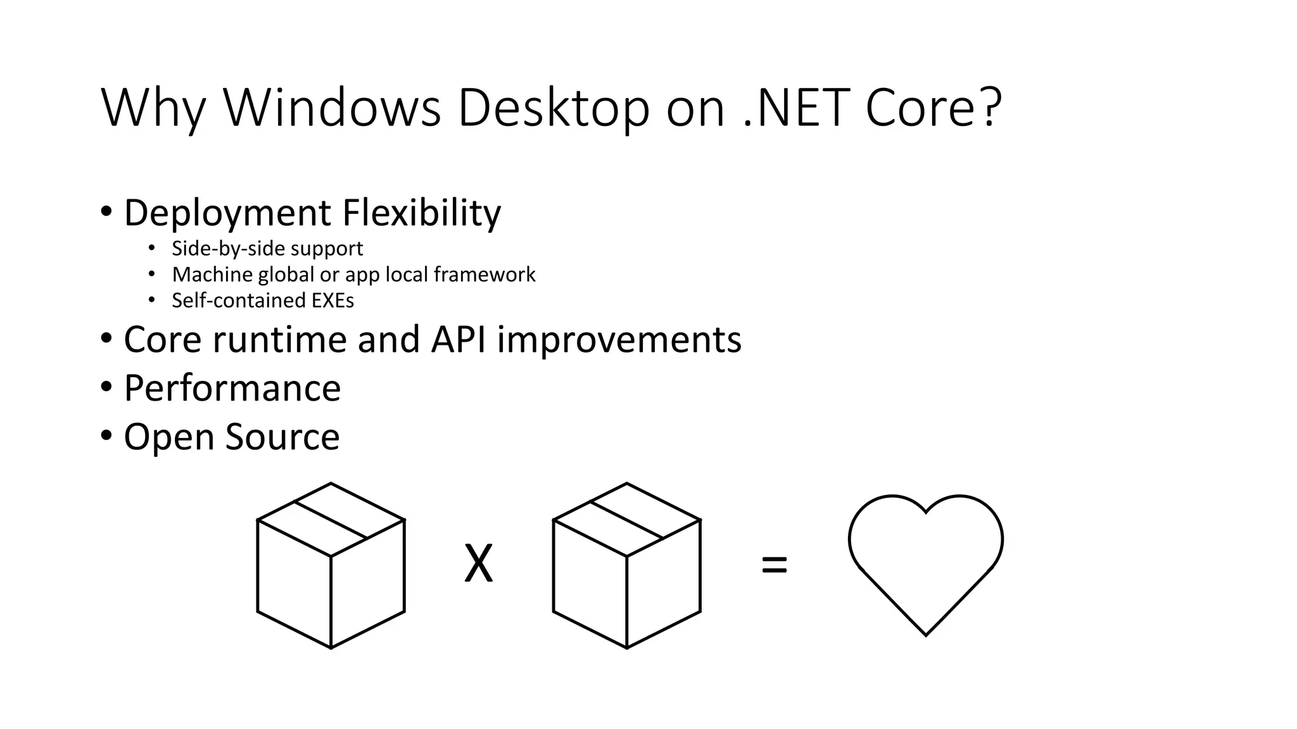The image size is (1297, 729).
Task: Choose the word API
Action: pyautogui.click(x=459, y=339)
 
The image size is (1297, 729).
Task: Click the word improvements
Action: pyautogui.click(x=619, y=339)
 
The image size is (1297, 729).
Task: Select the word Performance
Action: pyautogui.click(x=232, y=388)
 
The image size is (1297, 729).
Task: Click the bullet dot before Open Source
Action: pyautogui.click(x=106, y=436)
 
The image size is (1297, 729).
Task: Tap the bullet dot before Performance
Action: pyautogui.click(x=106, y=387)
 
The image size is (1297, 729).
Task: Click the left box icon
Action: pyautogui.click(x=331, y=566)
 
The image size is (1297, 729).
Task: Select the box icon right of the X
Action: pyautogui.click(x=626, y=566)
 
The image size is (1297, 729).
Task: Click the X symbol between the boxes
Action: pyautogui.click(x=478, y=564)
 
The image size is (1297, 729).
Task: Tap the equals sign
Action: pyautogui.click(x=774, y=564)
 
